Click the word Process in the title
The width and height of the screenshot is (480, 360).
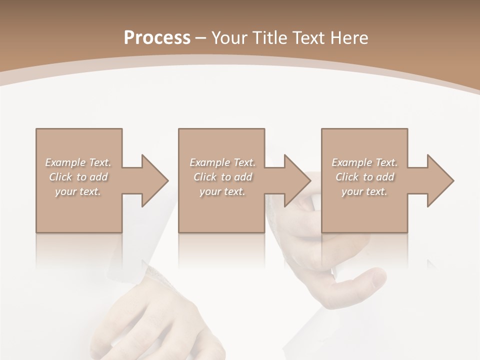click(x=157, y=37)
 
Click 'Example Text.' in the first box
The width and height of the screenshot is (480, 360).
click(x=78, y=162)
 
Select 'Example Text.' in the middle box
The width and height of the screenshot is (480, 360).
click(x=222, y=162)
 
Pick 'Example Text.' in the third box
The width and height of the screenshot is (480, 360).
click(x=364, y=162)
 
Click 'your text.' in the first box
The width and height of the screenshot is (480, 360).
click(x=78, y=191)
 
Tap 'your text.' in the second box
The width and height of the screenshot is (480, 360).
click(x=222, y=191)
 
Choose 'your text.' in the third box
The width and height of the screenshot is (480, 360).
click(x=364, y=191)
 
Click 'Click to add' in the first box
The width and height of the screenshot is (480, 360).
click(x=78, y=177)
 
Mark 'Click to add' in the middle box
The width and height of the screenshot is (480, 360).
click(x=222, y=177)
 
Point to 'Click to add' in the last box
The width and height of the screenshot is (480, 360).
click(x=364, y=177)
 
